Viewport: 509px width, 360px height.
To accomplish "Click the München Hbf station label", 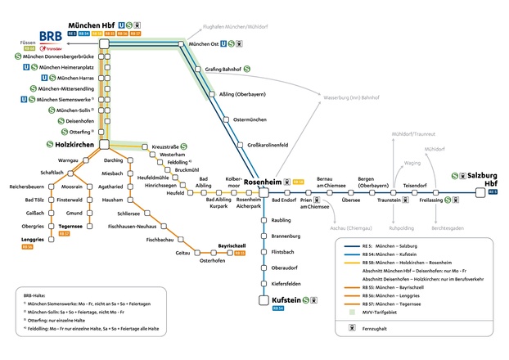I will (x=91, y=25).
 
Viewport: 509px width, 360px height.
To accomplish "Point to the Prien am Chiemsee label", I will (x=312, y=204).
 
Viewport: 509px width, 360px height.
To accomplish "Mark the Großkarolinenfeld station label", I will (x=269, y=144).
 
